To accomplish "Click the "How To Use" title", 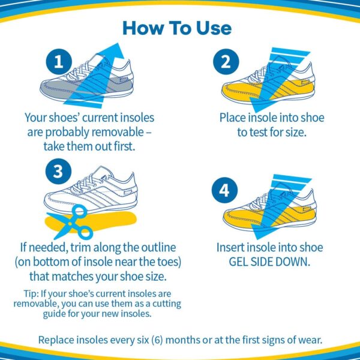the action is coord(177,28).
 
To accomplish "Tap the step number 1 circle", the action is coord(59,62).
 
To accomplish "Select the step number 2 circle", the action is coord(226,62).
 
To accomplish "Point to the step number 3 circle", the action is coord(58,171).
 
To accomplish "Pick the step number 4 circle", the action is coord(224,190).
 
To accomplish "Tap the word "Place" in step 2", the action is coord(233,118).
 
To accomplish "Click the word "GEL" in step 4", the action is coord(238,262).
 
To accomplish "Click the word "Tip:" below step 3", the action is coord(31,293).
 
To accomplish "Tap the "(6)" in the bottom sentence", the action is coord(157,340).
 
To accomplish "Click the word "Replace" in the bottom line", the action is coord(56,340).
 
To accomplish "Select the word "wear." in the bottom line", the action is coord(310,340).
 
